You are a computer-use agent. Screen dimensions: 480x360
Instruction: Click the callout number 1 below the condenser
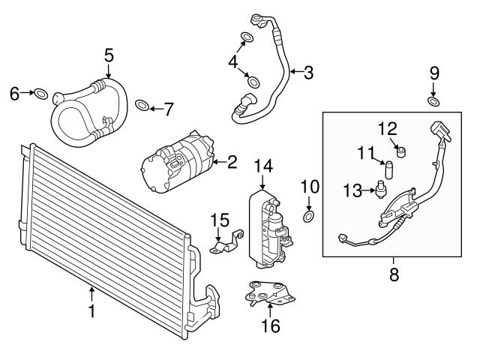pyautogui.click(x=91, y=311)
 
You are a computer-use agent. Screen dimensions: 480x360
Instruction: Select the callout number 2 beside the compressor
pyautogui.click(x=232, y=162)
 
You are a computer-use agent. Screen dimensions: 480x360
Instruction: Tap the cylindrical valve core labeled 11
pyautogui.click(x=388, y=169)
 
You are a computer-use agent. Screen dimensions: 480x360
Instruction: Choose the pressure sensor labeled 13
pyautogui.click(x=380, y=191)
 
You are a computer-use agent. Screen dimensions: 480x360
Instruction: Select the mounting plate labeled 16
pyautogui.click(x=269, y=293)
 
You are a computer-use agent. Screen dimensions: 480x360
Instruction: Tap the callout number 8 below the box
pyautogui.click(x=394, y=274)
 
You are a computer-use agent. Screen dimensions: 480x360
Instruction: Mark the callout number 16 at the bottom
pyautogui.click(x=271, y=325)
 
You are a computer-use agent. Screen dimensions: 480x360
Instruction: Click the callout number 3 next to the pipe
pyautogui.click(x=308, y=73)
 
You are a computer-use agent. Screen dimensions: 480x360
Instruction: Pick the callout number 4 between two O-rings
pyautogui.click(x=233, y=62)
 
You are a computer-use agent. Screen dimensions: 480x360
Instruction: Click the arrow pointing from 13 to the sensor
pyautogui.click(x=368, y=190)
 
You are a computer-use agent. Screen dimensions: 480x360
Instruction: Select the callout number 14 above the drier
pyautogui.click(x=263, y=166)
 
